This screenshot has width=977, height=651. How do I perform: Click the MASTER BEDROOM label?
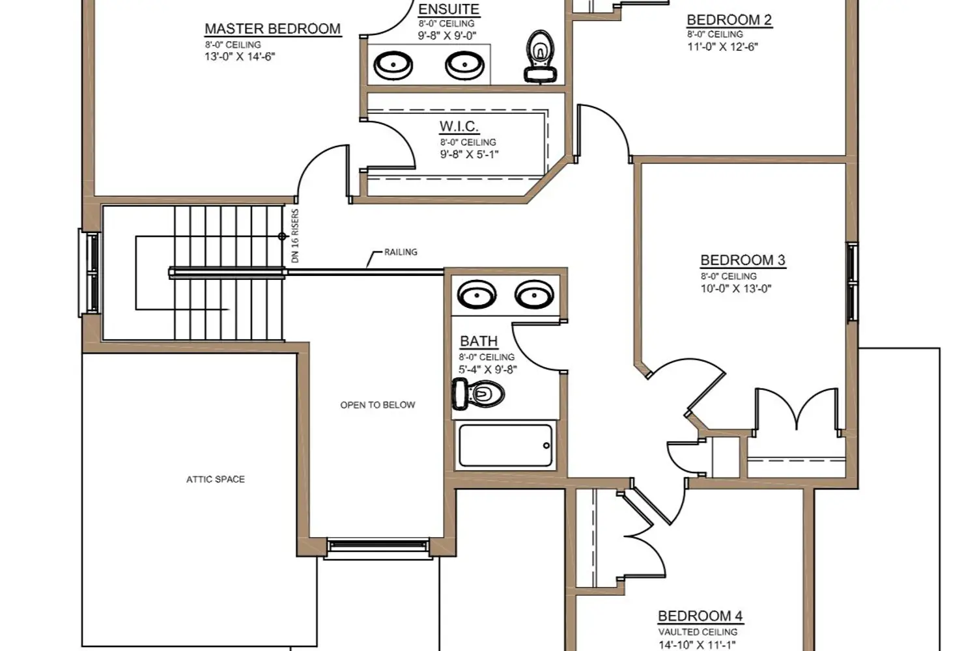[273, 29]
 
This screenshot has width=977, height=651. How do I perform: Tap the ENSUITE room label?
[449, 9]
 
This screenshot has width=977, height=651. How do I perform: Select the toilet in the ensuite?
[541, 56]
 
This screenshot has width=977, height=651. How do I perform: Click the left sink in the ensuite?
[393, 65]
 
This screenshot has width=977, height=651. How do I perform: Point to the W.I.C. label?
[459, 126]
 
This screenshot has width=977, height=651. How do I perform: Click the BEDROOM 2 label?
[729, 20]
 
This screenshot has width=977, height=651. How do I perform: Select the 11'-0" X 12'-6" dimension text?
[723, 47]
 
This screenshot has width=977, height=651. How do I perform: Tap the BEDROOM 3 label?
[743, 260]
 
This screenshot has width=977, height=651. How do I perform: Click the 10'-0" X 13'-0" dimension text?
[736, 288]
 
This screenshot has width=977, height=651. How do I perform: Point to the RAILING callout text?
[401, 252]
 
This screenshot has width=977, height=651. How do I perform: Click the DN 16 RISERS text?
[295, 236]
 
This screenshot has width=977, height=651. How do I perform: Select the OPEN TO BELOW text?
[378, 405]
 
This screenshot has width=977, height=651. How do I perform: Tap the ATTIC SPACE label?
[216, 480]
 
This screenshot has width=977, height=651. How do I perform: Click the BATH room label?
[479, 341]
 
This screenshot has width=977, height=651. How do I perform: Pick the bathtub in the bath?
[505, 446]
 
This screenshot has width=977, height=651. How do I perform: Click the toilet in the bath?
[479, 394]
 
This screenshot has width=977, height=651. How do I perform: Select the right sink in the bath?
[534, 295]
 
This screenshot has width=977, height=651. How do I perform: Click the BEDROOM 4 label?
[700, 616]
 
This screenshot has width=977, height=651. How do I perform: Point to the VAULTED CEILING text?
[698, 632]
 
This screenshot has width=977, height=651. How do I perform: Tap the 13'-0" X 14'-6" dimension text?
[240, 57]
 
